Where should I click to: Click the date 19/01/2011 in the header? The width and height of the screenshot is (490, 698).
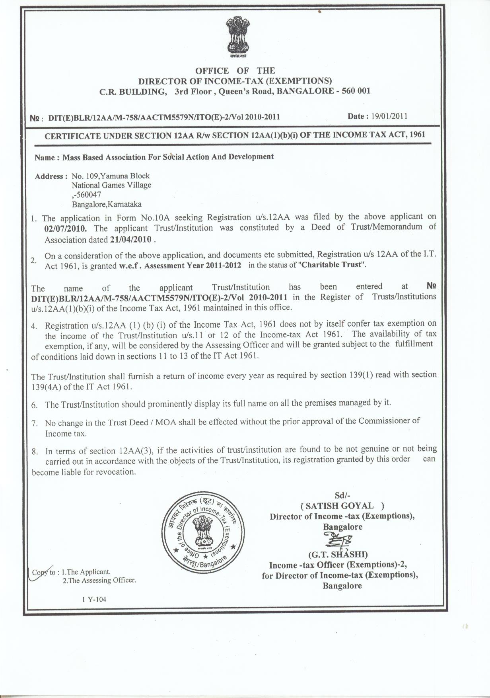(x=389, y=116)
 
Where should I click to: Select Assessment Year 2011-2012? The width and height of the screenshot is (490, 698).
(x=192, y=266)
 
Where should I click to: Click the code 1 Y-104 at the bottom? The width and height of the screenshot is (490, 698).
(x=94, y=599)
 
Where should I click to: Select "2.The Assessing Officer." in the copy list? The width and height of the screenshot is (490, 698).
(x=99, y=580)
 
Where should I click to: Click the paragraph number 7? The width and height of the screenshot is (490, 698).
(x=35, y=423)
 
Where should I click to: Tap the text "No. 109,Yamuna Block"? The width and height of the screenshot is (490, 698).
(x=111, y=176)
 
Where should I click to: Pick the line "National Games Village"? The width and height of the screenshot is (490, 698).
(x=111, y=185)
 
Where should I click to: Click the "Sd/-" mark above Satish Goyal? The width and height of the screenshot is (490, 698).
(x=342, y=495)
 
